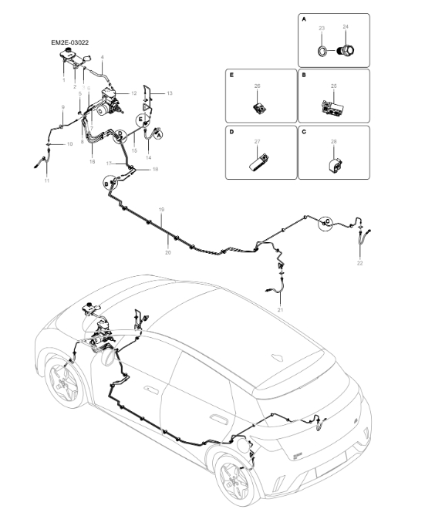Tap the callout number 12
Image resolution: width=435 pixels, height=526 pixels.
click(x=133, y=93)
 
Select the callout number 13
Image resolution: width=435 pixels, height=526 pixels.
click(x=170, y=93)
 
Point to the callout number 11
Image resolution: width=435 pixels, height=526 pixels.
click(x=47, y=180)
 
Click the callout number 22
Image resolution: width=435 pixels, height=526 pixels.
click(x=359, y=264)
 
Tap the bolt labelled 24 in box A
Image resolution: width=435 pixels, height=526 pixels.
click(x=346, y=51)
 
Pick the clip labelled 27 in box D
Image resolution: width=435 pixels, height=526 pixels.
click(x=258, y=162)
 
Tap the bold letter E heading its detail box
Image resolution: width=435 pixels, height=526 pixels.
click(x=231, y=76)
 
